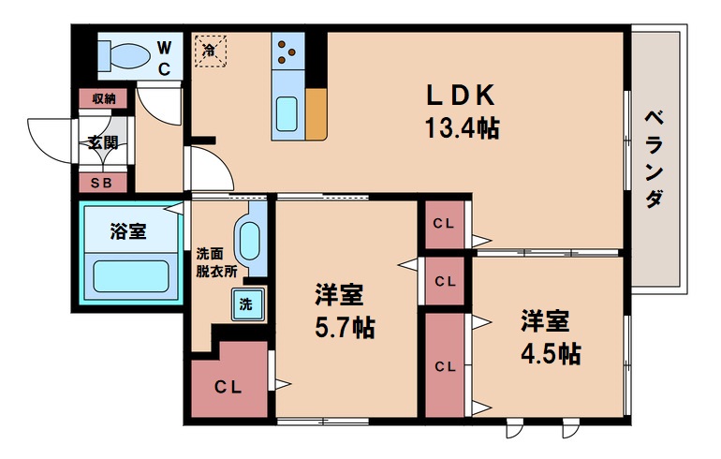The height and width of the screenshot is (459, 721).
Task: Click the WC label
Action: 163,56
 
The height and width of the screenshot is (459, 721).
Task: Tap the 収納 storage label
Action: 103,97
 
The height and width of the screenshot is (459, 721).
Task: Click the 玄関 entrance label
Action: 103,142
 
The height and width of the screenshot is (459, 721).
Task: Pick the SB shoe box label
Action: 102,183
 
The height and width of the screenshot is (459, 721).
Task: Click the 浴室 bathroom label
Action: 127,231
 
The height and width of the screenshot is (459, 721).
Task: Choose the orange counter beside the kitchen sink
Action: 316,114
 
